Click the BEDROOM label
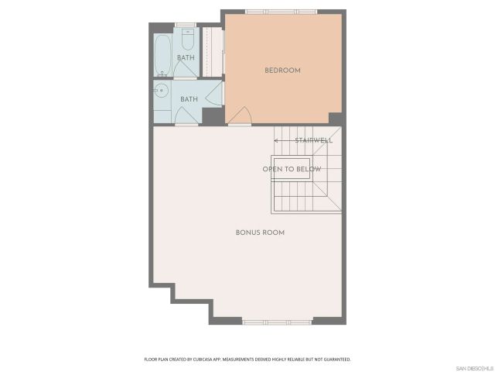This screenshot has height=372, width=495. [x=282, y=71]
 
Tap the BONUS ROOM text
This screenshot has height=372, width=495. [x=260, y=232]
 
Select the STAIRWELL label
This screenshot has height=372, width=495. [x=314, y=140]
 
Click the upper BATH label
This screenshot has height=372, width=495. [x=186, y=57]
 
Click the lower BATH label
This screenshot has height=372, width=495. [x=189, y=99]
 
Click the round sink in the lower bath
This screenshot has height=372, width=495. [x=162, y=91]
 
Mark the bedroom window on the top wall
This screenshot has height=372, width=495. [x=281, y=11]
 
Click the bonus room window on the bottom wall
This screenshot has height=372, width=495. [x=277, y=321]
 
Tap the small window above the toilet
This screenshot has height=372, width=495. [x=186, y=25]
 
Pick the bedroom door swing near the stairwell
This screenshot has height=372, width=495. [x=240, y=116]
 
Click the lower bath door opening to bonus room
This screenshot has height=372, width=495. [x=186, y=116]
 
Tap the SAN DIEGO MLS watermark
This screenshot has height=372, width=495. [x=473, y=367]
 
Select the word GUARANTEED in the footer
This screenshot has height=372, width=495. [x=334, y=360]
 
